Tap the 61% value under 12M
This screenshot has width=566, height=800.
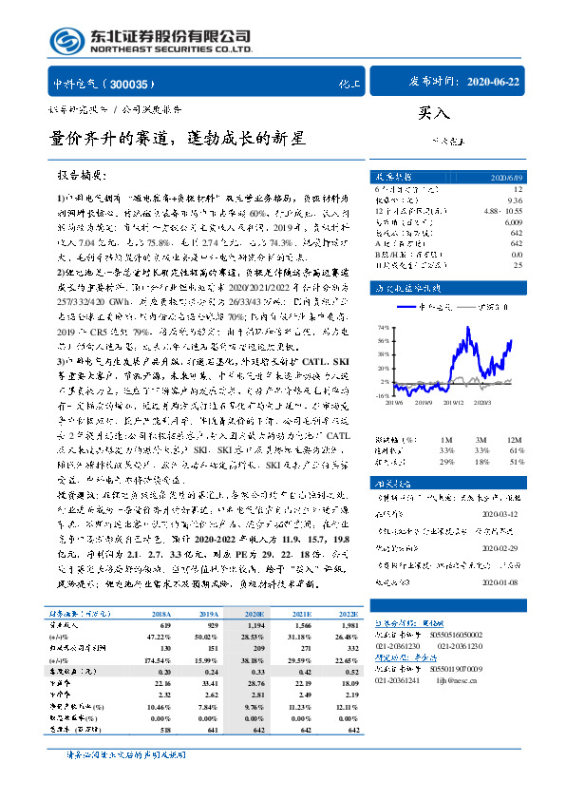[x=517, y=449]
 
